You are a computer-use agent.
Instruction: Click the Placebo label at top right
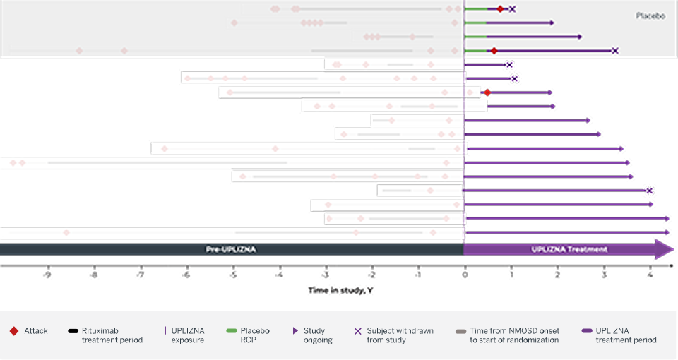pos(650,16)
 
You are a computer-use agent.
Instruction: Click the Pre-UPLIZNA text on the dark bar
pos(231,250)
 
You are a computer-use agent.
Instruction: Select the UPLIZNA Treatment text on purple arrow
pos(569,250)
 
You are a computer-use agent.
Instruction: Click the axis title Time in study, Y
pos(336,290)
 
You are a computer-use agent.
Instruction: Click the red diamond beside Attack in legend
pos(13,331)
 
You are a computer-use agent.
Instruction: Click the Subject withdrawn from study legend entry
pos(400,335)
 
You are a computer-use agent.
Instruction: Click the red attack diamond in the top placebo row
pos(500,9)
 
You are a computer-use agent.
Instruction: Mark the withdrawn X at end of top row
pos(512,9)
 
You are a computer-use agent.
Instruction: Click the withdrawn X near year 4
pos(649,191)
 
